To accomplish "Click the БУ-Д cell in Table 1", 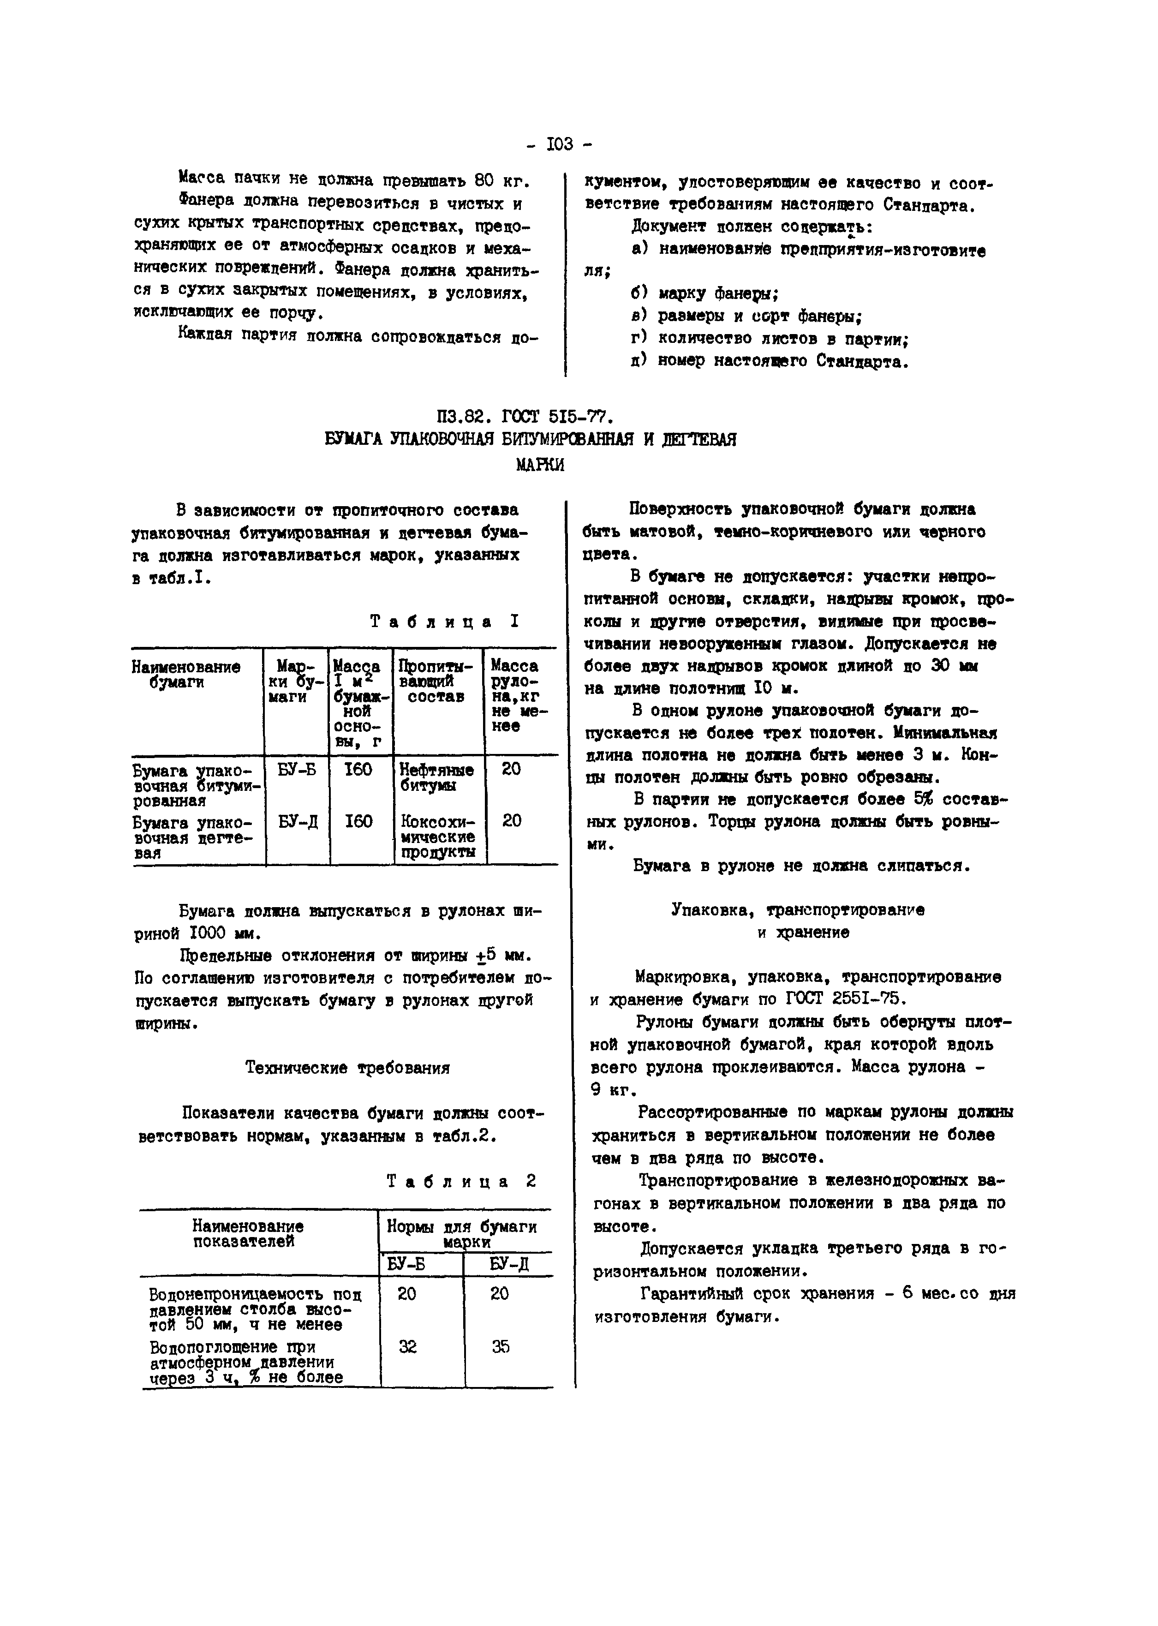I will pyautogui.click(x=298, y=822).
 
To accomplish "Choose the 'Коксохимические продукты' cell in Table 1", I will pyautogui.click(x=437, y=837).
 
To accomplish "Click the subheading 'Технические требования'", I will pyautogui.click(x=347, y=1067).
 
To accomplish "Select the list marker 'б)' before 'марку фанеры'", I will pyautogui.click(x=638, y=293).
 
